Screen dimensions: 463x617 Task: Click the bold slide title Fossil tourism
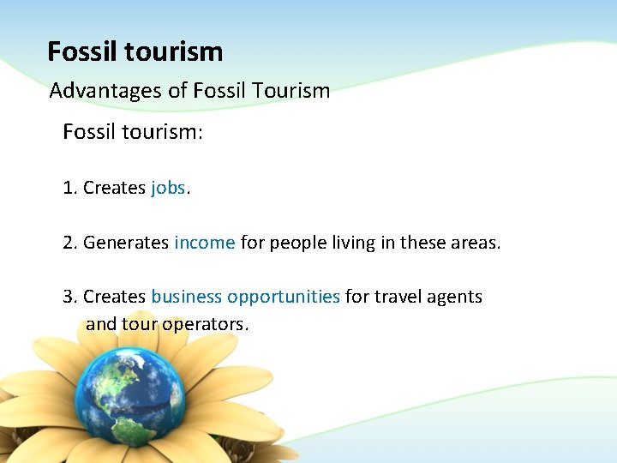pos(135,52)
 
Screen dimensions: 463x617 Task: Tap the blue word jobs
pos(168,188)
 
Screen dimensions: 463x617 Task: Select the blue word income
pos(204,243)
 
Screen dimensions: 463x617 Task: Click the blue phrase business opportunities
pos(245,297)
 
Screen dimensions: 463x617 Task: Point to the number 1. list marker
pos(70,188)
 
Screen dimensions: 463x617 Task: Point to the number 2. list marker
pos(70,243)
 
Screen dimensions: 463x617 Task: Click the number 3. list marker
pos(70,297)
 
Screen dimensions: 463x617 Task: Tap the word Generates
pos(126,243)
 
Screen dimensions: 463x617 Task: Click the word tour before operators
pos(140,325)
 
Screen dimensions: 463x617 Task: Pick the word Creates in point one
pos(114,188)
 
